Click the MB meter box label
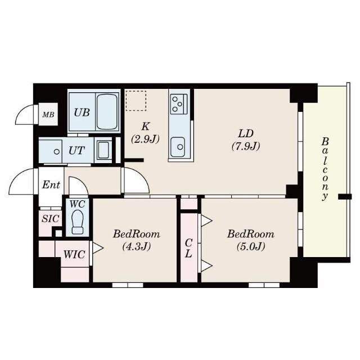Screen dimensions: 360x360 click(48, 114)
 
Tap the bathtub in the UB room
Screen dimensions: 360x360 click(107, 112)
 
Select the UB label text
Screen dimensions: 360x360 click(82, 112)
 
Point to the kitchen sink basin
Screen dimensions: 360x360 click(178, 146)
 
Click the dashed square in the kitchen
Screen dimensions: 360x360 click(136, 101)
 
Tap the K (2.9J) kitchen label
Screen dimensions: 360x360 click(145, 133)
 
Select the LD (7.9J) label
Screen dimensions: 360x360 click(246, 140)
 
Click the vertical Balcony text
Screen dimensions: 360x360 click(325, 169)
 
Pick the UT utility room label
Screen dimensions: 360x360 click(76, 151)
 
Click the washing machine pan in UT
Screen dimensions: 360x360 click(103, 150)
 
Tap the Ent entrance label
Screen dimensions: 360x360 click(51, 184)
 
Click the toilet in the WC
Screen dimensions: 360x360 click(78, 222)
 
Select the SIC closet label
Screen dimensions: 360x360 click(50, 219)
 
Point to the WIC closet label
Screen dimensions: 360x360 click(74, 254)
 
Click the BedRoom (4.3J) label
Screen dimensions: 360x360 click(136, 240)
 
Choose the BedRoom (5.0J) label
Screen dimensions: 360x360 click(251, 240)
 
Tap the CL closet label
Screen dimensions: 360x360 click(188, 248)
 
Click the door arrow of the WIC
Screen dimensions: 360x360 click(98, 248)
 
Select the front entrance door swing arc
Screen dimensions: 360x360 click(16, 176)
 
